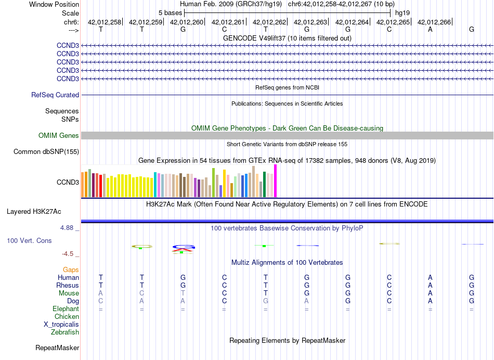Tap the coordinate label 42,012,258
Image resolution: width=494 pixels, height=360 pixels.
[x=104, y=22]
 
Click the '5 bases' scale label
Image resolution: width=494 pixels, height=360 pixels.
[x=170, y=12]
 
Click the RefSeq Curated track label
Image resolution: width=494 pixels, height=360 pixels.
[x=55, y=95]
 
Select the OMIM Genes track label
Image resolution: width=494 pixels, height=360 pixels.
[x=59, y=136]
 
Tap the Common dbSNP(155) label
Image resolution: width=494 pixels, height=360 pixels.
[x=46, y=152]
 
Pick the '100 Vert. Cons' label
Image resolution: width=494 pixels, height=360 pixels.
[x=29, y=241]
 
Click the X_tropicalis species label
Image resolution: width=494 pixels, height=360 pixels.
[x=61, y=324]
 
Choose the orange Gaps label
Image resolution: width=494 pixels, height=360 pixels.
[x=71, y=269]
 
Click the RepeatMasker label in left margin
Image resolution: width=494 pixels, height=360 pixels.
[x=57, y=348]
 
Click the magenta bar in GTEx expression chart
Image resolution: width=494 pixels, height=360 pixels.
[x=276, y=181]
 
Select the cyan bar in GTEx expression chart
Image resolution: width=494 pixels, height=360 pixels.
[x=155, y=185]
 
